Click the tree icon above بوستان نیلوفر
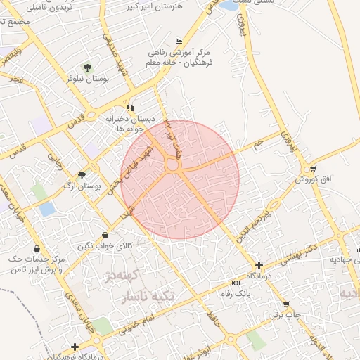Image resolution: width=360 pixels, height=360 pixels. [x=87, y=68]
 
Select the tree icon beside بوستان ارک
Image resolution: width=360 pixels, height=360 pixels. [x=82, y=175]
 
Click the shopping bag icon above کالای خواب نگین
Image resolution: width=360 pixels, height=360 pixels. [x=105, y=235]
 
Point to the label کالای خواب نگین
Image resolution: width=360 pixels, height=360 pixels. [x=105, y=245]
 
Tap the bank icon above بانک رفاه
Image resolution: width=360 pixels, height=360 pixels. [x=236, y=283]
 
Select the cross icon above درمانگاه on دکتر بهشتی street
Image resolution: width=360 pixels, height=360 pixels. [x=259, y=266]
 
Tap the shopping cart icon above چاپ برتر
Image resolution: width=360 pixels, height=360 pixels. [x=286, y=304]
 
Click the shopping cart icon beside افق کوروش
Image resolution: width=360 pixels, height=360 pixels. [x=312, y=169]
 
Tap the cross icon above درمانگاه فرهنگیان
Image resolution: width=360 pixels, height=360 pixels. [x=75, y=347]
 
